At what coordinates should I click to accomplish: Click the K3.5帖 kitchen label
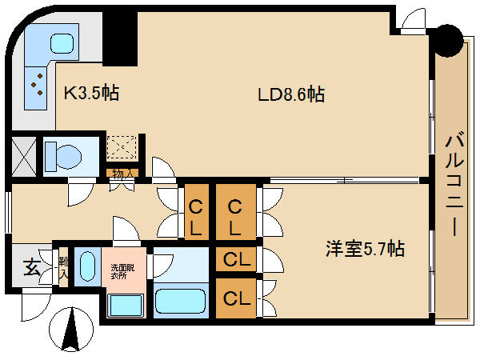click(x=91, y=93)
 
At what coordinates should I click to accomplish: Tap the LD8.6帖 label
click(x=290, y=94)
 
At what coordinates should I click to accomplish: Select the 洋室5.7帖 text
click(x=364, y=249)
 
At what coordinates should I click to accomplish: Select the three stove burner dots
click(x=36, y=84)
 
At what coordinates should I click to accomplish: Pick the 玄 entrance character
click(x=30, y=267)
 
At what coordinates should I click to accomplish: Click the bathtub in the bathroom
click(x=181, y=300)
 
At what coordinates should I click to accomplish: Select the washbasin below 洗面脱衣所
click(x=124, y=305)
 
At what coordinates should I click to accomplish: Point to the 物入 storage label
click(x=122, y=173)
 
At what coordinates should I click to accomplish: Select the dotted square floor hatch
click(x=123, y=148)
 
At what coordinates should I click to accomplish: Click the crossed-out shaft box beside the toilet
click(x=22, y=156)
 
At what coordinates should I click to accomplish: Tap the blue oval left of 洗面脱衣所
click(x=86, y=266)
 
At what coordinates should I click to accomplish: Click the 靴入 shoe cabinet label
click(x=62, y=266)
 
